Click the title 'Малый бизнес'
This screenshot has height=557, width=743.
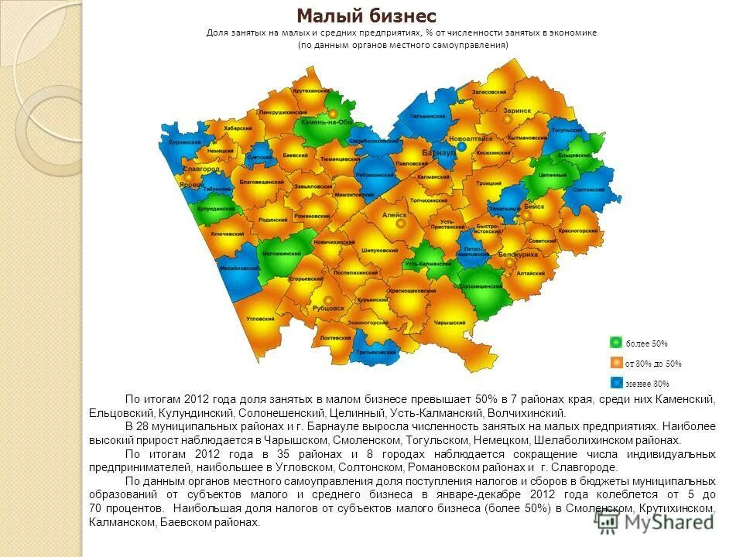tap(367, 15)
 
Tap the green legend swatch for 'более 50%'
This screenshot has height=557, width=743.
tap(616, 343)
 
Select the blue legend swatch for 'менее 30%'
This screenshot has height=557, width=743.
tap(616, 382)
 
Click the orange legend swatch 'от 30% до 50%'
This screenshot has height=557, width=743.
tap(616, 363)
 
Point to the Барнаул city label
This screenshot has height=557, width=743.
tap(439, 154)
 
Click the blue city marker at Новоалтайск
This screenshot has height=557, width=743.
tap(461, 146)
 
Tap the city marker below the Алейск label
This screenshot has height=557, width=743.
tap(401, 224)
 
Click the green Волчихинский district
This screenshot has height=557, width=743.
tap(280, 255)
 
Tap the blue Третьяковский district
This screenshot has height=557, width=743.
tap(375, 352)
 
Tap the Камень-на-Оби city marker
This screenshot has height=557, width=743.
tap(333, 113)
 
